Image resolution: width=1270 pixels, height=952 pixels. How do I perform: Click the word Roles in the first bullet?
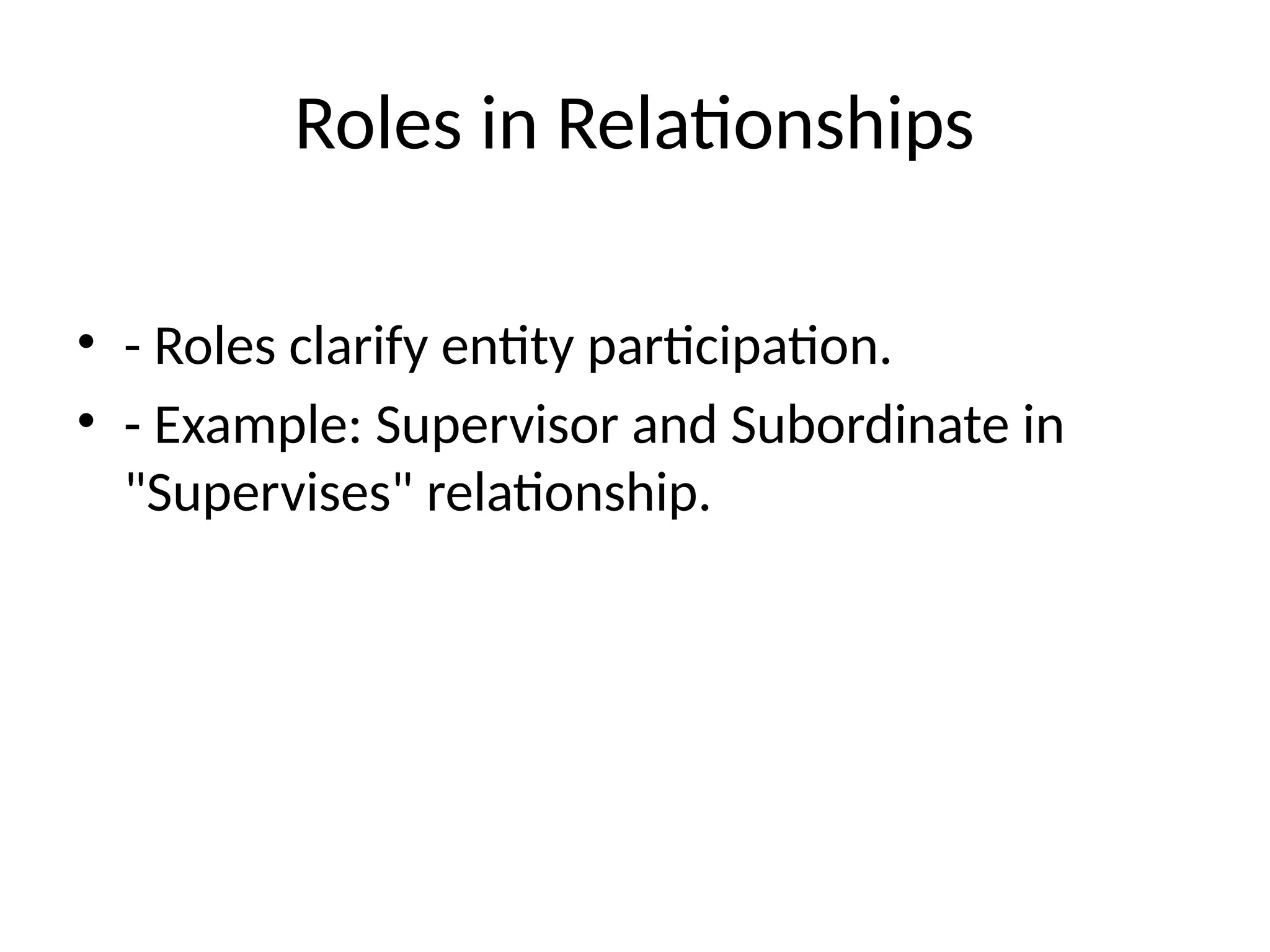tap(215, 347)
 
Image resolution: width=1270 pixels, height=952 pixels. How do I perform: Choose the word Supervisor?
tap(497, 426)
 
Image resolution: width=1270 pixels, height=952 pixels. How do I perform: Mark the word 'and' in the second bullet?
tap(674, 426)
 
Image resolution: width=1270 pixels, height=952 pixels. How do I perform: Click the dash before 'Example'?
tap(131, 428)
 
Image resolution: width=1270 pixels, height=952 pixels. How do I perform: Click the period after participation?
tap(885, 361)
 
